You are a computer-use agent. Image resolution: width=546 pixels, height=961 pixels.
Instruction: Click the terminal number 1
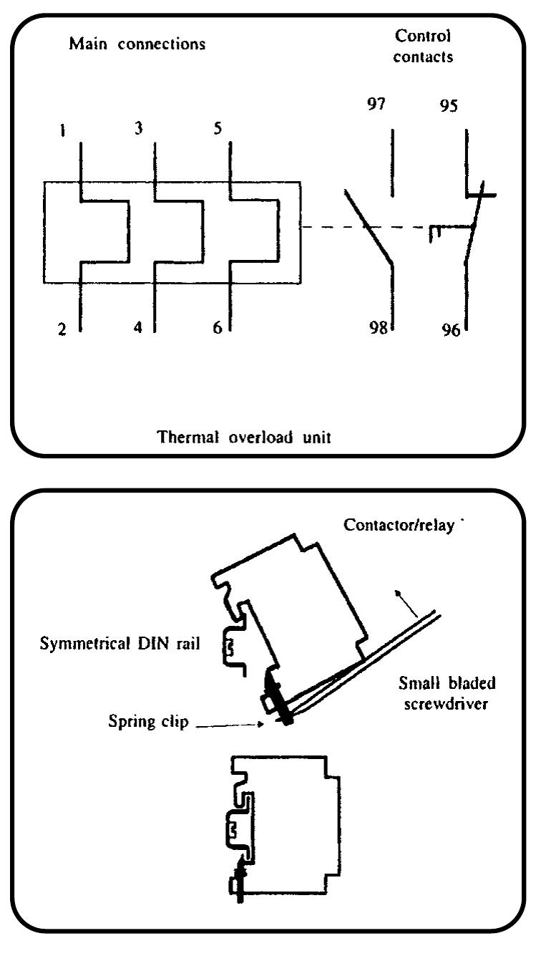click(x=64, y=132)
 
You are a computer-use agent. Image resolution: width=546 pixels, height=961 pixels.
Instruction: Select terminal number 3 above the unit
click(x=138, y=128)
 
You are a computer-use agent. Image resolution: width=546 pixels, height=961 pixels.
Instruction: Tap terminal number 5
click(x=218, y=128)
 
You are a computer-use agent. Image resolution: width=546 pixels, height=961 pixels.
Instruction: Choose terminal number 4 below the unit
click(x=137, y=327)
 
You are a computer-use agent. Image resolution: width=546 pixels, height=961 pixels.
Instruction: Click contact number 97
click(x=376, y=105)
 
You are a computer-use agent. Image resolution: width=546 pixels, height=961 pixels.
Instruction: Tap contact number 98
click(x=378, y=328)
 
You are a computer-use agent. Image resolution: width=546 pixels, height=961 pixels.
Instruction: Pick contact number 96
click(x=451, y=332)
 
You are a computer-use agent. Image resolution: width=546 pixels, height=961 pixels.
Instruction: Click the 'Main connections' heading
click(x=137, y=44)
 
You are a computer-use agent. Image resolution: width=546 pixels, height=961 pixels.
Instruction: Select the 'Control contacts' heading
click(x=423, y=47)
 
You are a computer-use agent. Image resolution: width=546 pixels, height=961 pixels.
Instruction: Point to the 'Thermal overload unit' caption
click(x=245, y=437)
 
